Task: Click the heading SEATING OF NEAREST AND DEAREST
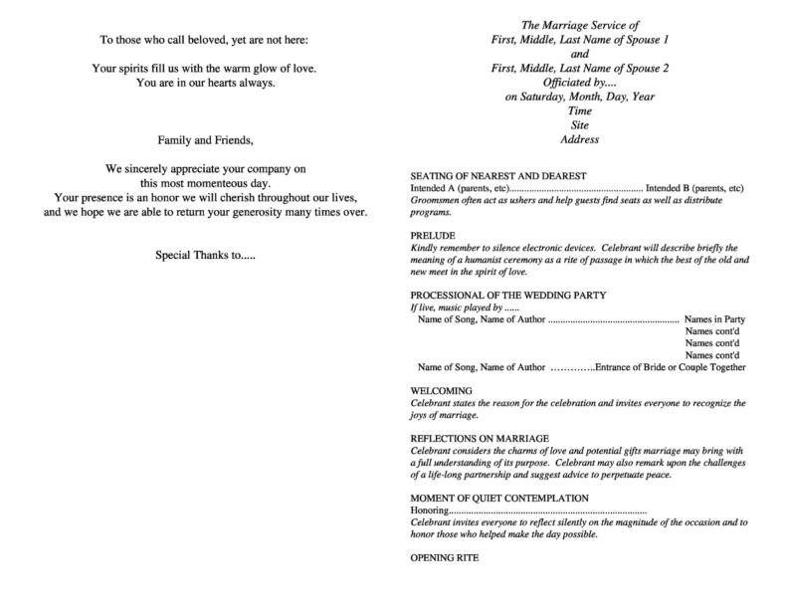(485, 175)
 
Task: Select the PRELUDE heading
(434, 235)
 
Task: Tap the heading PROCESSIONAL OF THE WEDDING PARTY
(507, 296)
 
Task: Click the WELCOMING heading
(442, 391)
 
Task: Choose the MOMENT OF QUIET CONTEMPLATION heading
(499, 498)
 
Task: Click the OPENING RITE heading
(445, 557)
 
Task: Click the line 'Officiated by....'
(579, 83)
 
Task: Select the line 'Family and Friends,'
(205, 139)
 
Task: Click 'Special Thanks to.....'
(205, 254)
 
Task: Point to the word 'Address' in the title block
(579, 140)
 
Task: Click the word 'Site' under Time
(579, 126)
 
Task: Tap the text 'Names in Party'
(714, 319)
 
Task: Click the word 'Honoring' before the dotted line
(430, 509)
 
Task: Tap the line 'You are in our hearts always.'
(205, 83)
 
